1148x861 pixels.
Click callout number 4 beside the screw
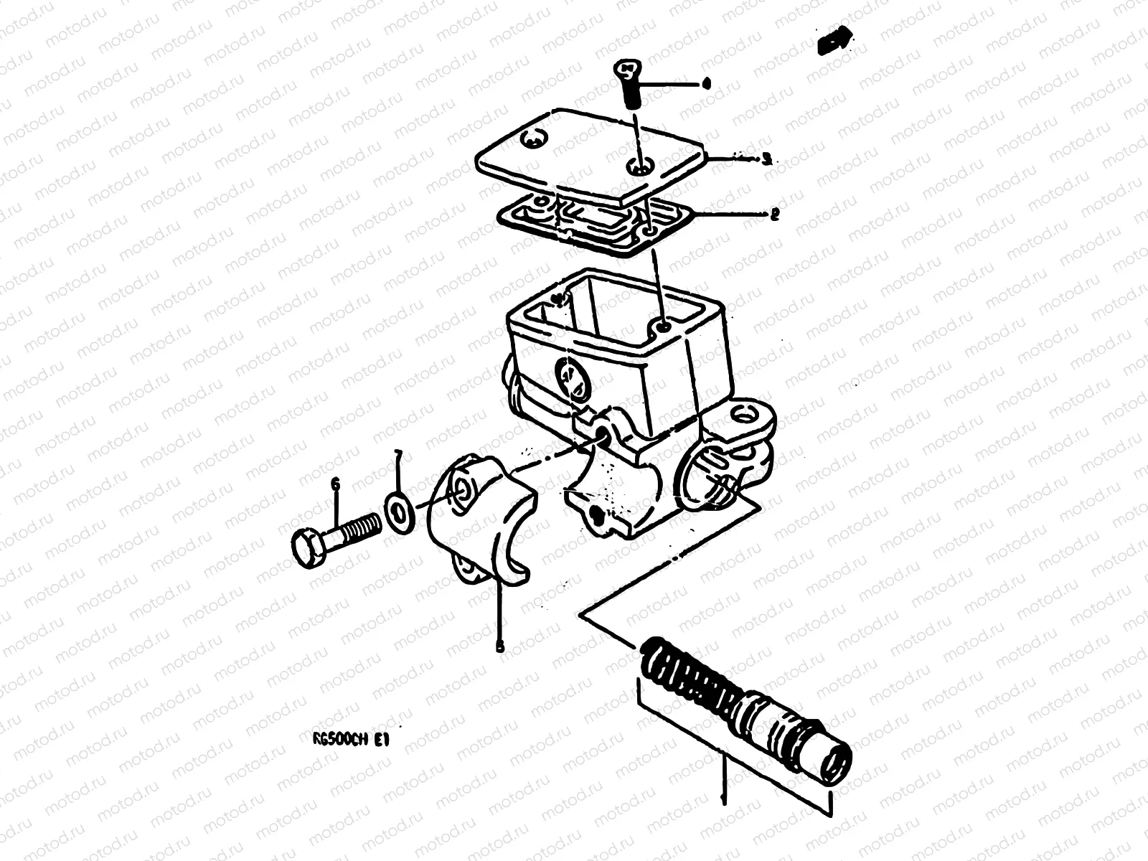[707, 84]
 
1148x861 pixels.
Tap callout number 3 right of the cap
[766, 159]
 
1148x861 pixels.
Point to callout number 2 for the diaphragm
[773, 214]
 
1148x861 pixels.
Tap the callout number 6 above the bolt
[335, 486]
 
